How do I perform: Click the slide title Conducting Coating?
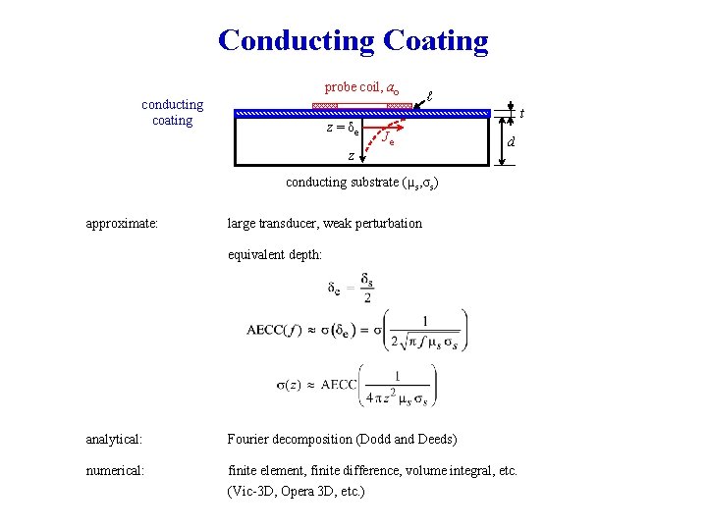pos(353,41)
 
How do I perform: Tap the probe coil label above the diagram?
pos(361,87)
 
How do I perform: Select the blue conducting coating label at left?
pos(172,112)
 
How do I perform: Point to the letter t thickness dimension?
pos(520,113)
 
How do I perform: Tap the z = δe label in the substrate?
pos(343,129)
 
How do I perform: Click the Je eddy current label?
pos(388,138)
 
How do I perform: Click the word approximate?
pos(123,223)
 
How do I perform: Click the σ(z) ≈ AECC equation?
pos(355,385)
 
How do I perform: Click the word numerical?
pos(115,471)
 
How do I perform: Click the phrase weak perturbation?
pos(372,223)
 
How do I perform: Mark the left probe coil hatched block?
pos(325,105)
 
